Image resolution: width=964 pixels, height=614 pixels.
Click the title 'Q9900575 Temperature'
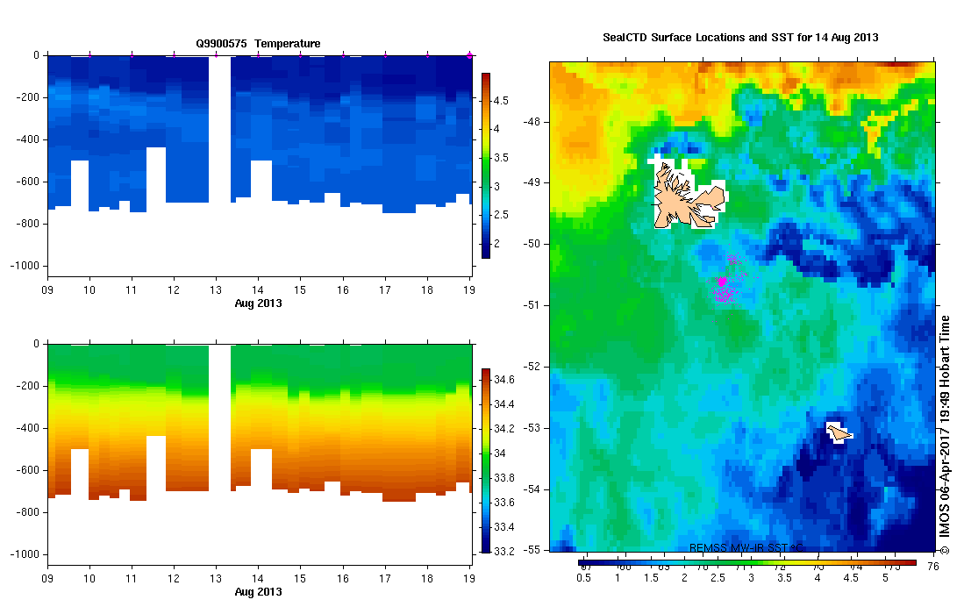258,43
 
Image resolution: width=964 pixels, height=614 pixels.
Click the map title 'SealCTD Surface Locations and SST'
740,38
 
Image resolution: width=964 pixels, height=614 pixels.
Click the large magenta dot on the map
722,282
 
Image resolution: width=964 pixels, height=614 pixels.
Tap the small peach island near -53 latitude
839,432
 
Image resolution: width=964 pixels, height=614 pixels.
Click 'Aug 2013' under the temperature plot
258,303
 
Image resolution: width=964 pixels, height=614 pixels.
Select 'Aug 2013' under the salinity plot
258,592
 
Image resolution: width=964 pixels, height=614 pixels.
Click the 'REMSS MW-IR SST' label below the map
746,548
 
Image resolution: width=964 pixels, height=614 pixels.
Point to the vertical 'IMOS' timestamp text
946,434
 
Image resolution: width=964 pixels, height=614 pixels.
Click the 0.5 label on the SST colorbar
583,577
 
